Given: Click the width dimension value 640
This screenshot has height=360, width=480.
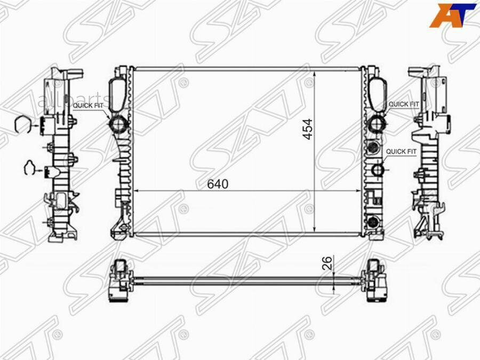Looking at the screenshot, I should tap(218, 184).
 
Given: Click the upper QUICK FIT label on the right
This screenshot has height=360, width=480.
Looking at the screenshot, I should tap(403, 104).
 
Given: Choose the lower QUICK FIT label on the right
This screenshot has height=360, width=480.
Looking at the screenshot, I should tap(401, 151).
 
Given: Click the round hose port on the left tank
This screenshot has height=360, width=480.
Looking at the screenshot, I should tap(118, 124).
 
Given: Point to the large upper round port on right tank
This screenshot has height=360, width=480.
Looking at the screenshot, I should tap(377, 124).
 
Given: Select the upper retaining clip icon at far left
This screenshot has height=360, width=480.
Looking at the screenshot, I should tap(24, 124).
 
